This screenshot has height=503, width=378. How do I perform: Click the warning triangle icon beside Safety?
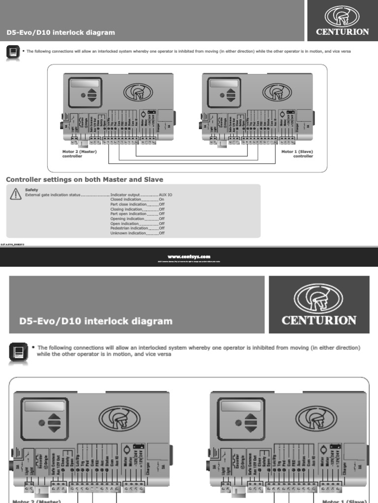point(16,195)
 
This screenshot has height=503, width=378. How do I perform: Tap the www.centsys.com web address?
point(189,256)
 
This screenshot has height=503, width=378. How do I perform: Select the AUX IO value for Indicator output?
point(165,195)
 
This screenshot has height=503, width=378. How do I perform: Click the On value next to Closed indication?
point(161,200)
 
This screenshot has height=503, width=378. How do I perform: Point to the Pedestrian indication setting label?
point(129,228)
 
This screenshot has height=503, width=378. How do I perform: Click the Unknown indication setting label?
point(128,233)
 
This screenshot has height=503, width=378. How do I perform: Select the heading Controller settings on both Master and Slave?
point(84,180)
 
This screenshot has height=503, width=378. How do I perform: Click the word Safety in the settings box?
point(31,190)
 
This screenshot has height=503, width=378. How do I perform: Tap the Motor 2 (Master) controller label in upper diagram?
point(79,154)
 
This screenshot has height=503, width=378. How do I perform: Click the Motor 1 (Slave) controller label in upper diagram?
point(297,154)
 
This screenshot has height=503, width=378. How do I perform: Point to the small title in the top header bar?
point(61,33)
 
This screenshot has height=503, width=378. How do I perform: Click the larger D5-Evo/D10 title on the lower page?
point(96,321)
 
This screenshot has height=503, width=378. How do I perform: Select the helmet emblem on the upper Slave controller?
point(277,92)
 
